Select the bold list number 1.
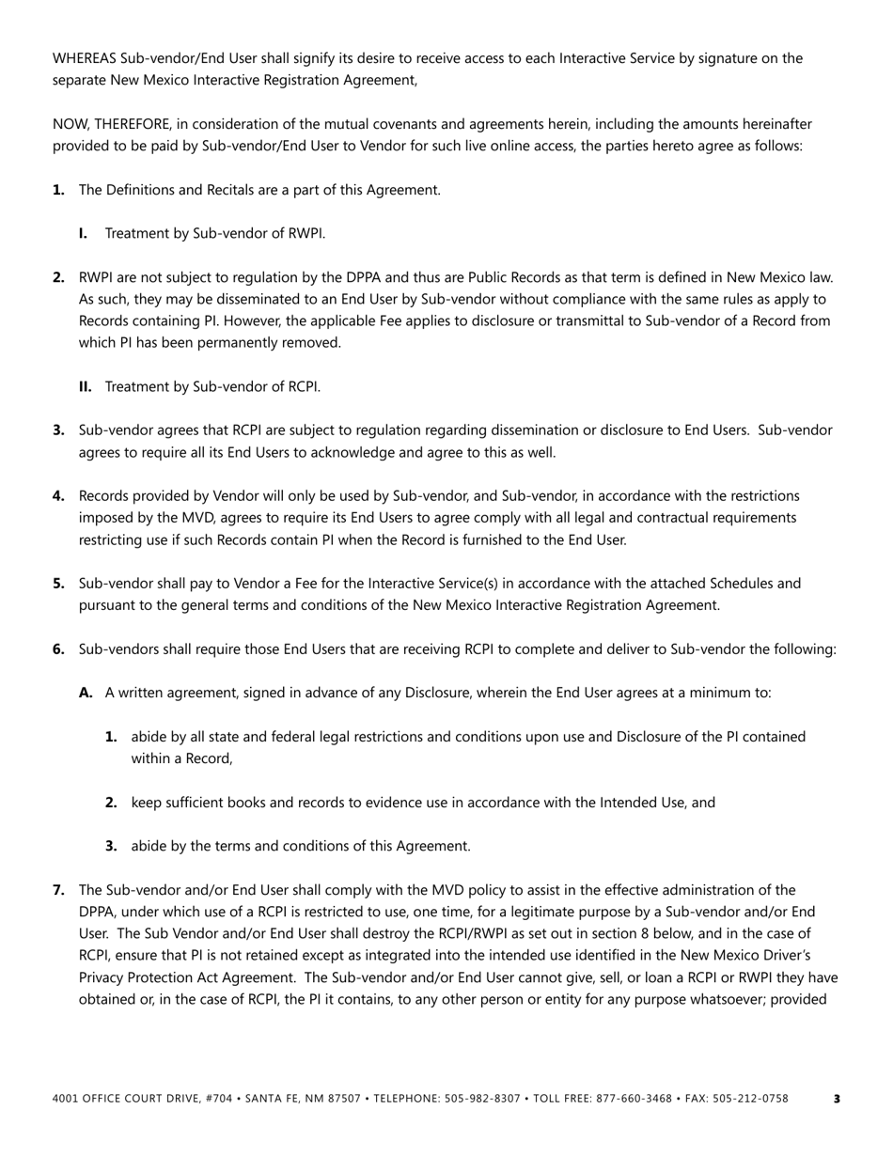point(58,190)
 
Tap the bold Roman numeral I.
point(83,233)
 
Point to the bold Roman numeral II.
point(85,386)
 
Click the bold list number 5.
point(58,584)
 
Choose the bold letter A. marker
point(86,693)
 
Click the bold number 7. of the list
point(58,890)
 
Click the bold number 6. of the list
point(58,649)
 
